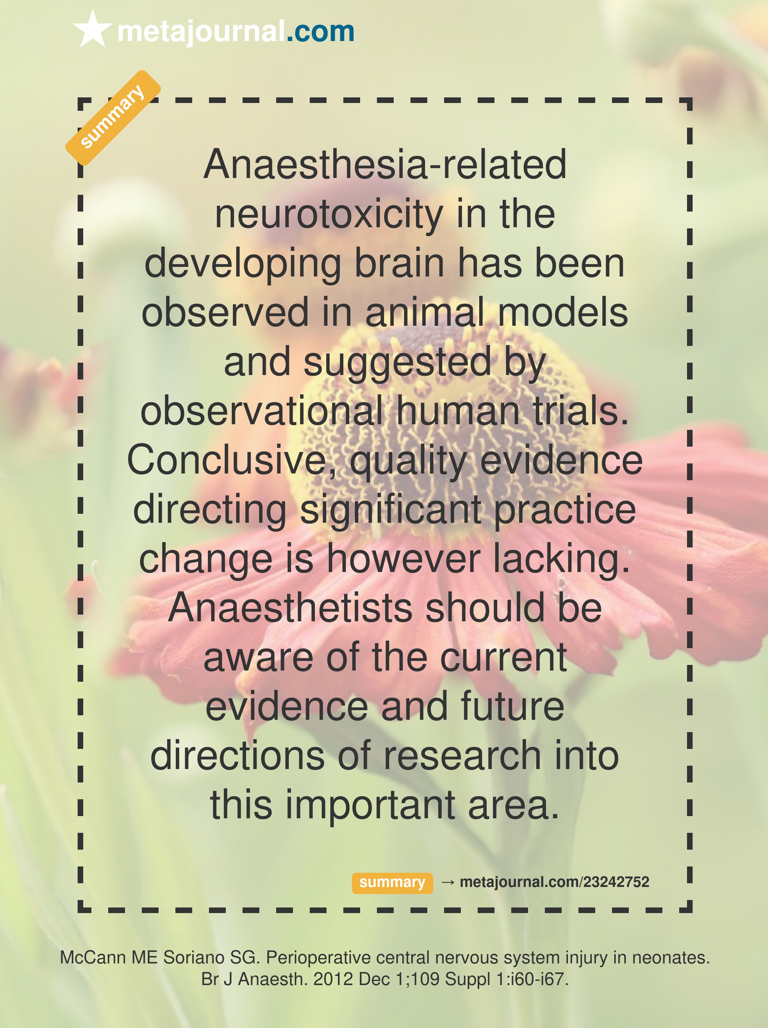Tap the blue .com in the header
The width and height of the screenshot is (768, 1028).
[x=320, y=32]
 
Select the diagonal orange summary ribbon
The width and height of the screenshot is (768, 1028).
[x=113, y=118]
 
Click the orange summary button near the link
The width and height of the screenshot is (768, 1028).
[x=392, y=882]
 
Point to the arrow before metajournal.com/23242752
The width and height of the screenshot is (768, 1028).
[x=448, y=882]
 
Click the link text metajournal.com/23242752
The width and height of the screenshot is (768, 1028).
[x=554, y=882]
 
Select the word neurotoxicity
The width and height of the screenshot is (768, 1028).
[x=329, y=216]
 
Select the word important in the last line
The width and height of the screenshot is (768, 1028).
[x=370, y=806]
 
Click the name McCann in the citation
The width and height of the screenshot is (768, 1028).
[x=93, y=957]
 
